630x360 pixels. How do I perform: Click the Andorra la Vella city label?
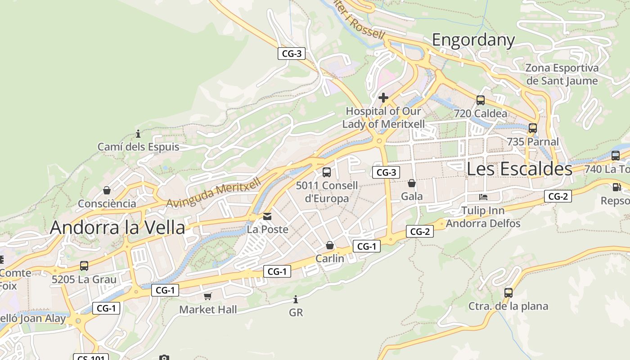click(117, 228)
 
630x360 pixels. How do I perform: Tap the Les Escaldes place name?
click(519, 169)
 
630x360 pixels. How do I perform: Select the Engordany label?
click(473, 40)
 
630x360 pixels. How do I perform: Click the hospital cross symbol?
click(383, 97)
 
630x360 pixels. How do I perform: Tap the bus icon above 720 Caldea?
click(481, 100)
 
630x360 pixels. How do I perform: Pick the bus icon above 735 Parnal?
click(533, 128)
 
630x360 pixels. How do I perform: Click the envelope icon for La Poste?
click(268, 217)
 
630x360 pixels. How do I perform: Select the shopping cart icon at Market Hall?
click(207, 296)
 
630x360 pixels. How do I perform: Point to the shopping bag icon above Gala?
click(412, 183)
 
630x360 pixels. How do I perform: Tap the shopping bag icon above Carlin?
click(330, 245)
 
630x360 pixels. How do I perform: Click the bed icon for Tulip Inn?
click(483, 197)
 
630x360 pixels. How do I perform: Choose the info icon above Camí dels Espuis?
click(138, 134)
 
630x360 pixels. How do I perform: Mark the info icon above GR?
click(296, 299)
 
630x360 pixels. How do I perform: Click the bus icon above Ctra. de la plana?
click(508, 293)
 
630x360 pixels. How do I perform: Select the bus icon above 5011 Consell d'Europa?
click(327, 172)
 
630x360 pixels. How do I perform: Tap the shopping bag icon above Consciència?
click(107, 190)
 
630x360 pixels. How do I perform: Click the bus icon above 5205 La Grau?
click(84, 266)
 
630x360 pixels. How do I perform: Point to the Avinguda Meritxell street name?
click(214, 193)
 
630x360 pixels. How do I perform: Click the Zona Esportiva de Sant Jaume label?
click(562, 74)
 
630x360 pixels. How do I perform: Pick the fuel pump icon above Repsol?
click(616, 187)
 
